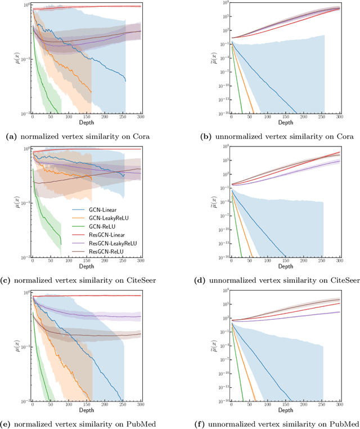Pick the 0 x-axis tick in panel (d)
217,261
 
